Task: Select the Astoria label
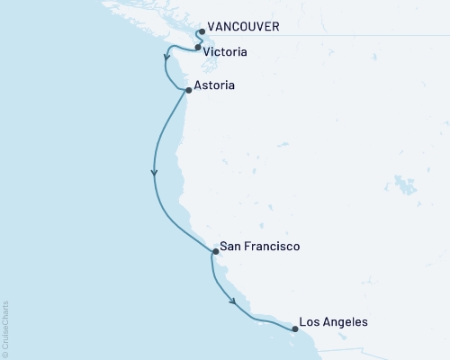(x=215, y=87)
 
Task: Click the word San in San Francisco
(x=231, y=246)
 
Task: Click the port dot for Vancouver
(x=202, y=31)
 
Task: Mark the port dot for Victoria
(x=197, y=47)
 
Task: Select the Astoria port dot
(x=188, y=91)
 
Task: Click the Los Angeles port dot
(x=295, y=328)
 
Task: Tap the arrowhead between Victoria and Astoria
(x=166, y=62)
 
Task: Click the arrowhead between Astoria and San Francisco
(x=155, y=173)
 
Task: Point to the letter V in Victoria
(x=208, y=52)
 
